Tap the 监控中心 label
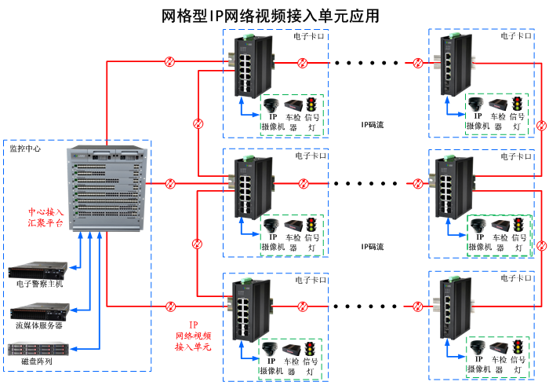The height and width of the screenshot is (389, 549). click(26, 149)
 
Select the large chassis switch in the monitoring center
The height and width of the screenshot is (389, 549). click(108, 189)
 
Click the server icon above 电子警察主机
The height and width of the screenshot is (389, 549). click(38, 272)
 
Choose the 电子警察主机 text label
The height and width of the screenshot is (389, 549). click(39, 284)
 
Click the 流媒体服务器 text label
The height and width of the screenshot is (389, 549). click(38, 324)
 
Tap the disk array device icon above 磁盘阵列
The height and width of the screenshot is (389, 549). click(38, 348)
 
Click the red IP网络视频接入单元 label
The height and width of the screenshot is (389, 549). click(193, 336)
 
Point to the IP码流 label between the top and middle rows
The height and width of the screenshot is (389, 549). click(373, 124)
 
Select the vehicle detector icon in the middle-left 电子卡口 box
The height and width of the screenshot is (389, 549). click(293, 225)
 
